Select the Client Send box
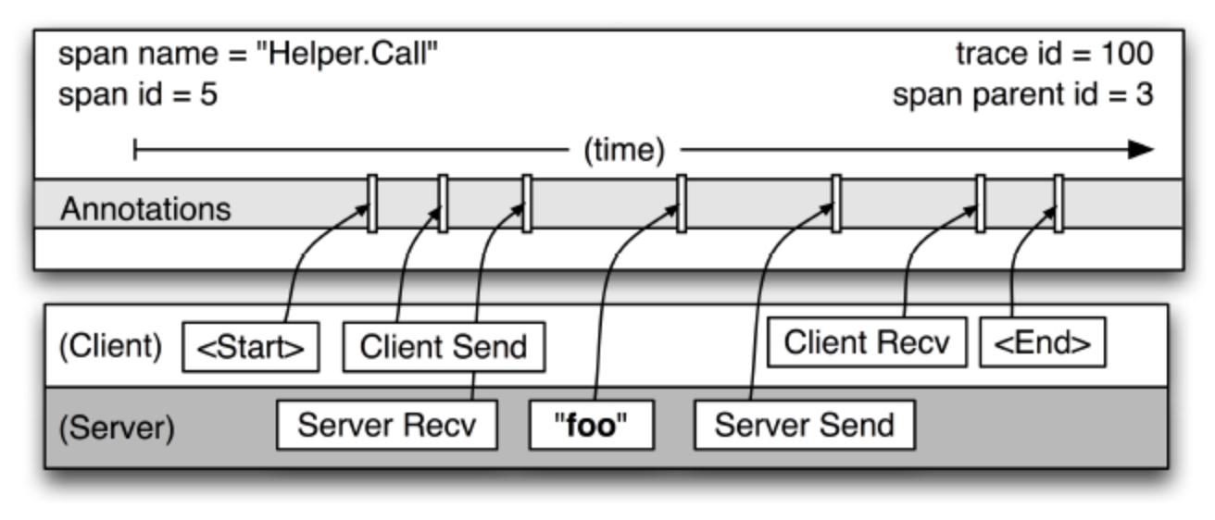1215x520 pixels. tap(444, 348)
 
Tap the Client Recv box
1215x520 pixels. tap(867, 343)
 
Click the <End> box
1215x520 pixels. tap(1042, 344)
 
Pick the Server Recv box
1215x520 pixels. tap(387, 426)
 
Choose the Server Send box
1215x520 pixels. tap(804, 426)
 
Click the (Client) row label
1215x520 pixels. tap(111, 347)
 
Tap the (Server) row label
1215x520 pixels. tap(115, 428)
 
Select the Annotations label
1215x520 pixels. tap(145, 209)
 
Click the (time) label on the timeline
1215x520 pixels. tap(623, 151)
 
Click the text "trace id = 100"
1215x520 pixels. tap(1054, 55)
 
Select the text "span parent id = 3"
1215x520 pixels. tap(1022, 95)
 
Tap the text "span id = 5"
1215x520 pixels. tap(138, 95)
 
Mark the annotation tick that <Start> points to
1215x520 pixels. tap(372, 204)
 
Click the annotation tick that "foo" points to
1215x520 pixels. tap(681, 204)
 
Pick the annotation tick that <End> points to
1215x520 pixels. tap(1058, 204)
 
